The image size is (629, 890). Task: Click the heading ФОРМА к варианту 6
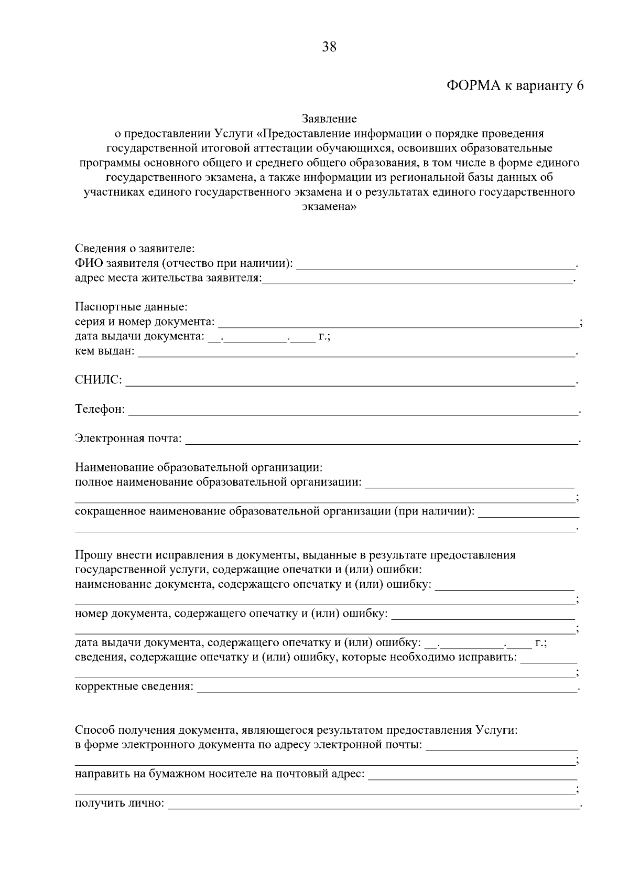515,86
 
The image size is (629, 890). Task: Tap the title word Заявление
329,119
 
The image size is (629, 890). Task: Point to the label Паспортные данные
131,306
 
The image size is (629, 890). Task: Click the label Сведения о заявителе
135,248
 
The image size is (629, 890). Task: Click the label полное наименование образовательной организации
218,481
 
